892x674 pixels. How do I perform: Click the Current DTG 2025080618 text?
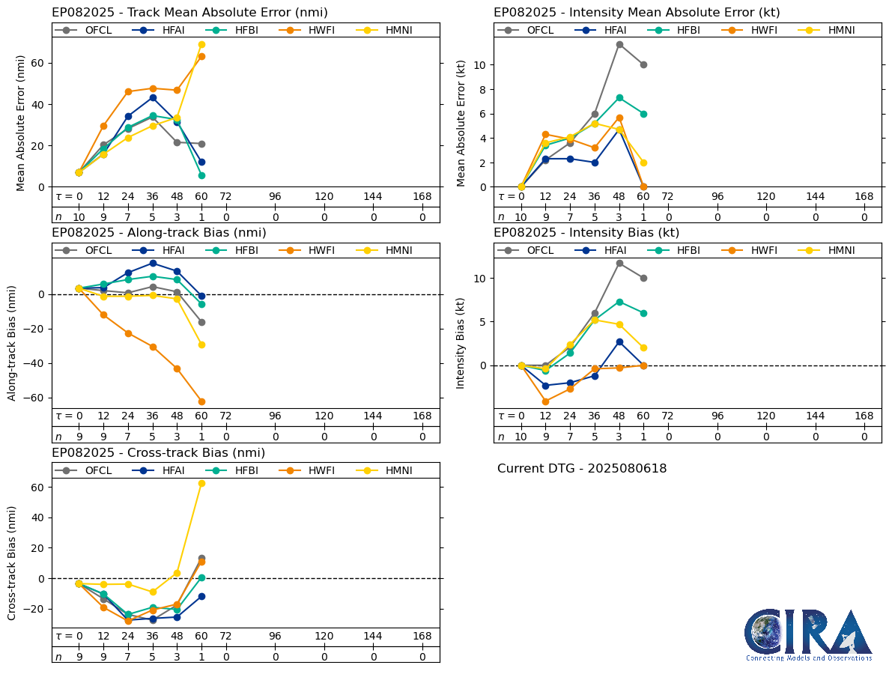click(x=582, y=469)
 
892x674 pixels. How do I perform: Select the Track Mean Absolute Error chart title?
click(x=189, y=13)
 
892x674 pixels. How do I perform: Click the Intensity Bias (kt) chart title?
click(x=586, y=233)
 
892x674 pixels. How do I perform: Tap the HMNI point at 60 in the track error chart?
click(x=201, y=45)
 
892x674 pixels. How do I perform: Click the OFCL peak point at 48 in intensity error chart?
click(x=619, y=44)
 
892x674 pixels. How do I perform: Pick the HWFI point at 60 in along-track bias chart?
click(x=201, y=401)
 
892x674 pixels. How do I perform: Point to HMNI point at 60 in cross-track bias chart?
click(x=201, y=483)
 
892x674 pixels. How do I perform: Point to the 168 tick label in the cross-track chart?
click(x=422, y=637)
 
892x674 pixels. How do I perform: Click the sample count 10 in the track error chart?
click(x=79, y=217)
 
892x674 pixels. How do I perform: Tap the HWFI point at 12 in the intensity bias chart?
click(x=545, y=401)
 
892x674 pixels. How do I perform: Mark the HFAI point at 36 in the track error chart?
click(x=153, y=97)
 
